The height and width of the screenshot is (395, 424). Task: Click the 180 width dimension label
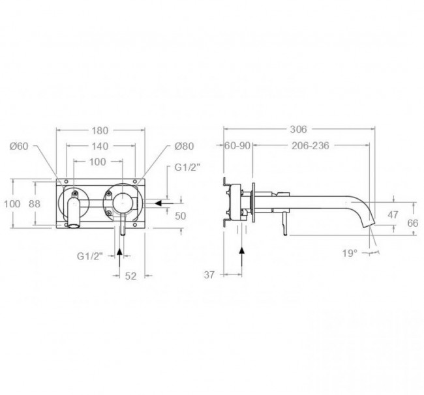point(100,131)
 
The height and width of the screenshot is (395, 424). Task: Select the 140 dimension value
point(100,147)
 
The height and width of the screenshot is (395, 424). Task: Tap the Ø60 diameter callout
point(19,146)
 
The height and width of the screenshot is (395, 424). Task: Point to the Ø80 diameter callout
point(184,146)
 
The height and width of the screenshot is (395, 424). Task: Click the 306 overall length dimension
point(299,130)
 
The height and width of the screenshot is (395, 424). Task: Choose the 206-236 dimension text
point(310,146)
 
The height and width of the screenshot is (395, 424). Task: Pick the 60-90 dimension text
point(237,146)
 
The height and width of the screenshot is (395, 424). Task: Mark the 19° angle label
point(350,254)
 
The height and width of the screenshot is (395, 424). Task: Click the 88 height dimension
point(35,204)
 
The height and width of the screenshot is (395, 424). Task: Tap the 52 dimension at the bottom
point(131,276)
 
